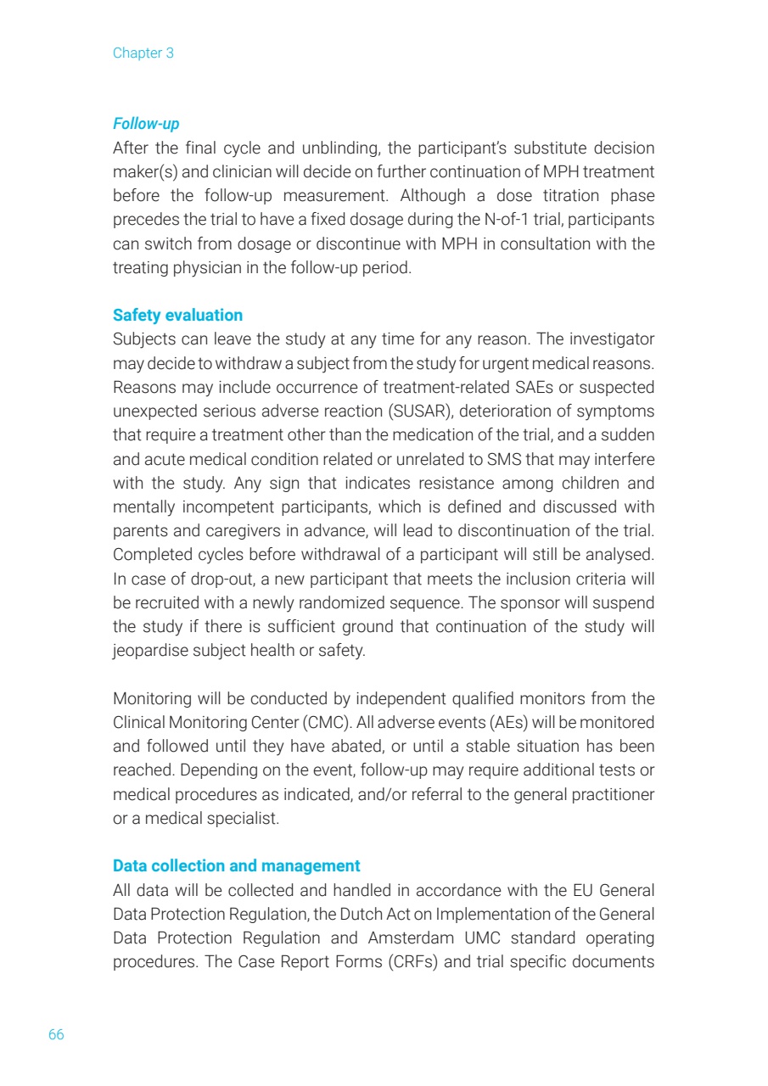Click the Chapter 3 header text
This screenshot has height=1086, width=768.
[x=143, y=53]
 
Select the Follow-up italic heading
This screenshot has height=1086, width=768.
[x=146, y=124]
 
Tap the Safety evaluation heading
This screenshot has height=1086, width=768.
[x=177, y=315]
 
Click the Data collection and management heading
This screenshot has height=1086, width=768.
[x=236, y=865]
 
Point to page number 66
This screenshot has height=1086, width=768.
[x=56, y=1034]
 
